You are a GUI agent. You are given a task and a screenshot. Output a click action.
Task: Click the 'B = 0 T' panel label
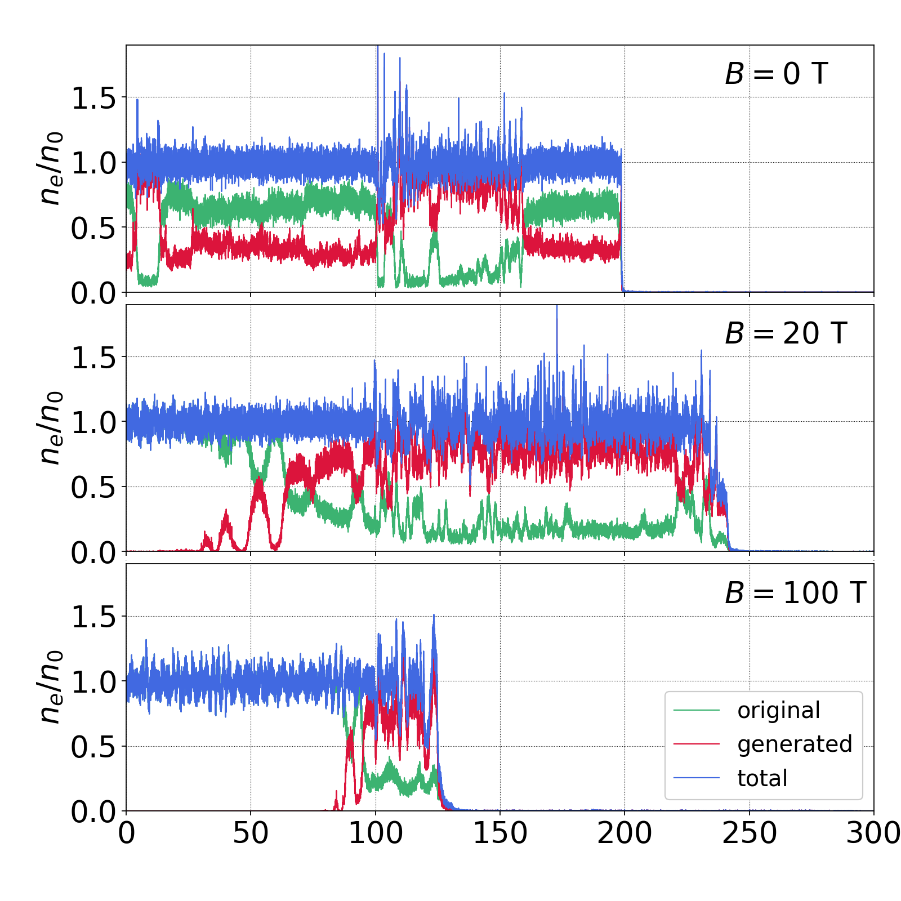tap(776, 74)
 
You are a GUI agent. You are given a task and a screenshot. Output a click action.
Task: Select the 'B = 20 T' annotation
tap(786, 333)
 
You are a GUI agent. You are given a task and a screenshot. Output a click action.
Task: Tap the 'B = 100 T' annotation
tap(795, 593)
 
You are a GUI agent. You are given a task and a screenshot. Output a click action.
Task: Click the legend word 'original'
tap(779, 711)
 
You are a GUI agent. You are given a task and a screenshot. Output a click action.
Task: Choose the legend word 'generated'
tap(795, 744)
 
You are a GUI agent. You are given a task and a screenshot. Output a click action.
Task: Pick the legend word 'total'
tap(762, 778)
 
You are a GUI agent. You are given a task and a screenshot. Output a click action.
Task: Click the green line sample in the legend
tap(697, 711)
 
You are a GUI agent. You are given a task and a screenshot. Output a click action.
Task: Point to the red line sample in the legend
tap(697, 744)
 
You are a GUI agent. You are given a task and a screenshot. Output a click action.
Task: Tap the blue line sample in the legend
tap(697, 778)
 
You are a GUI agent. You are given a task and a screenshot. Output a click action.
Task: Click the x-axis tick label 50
tap(251, 833)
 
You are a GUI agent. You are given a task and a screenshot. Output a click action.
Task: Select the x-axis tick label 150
tap(500, 833)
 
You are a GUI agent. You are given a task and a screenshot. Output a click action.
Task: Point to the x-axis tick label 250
tap(750, 833)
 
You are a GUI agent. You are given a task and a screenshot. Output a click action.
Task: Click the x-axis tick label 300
tap(873, 833)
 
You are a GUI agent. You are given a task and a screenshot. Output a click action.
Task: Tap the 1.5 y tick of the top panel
tap(93, 99)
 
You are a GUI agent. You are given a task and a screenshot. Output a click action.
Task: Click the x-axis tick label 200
tap(625, 833)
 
